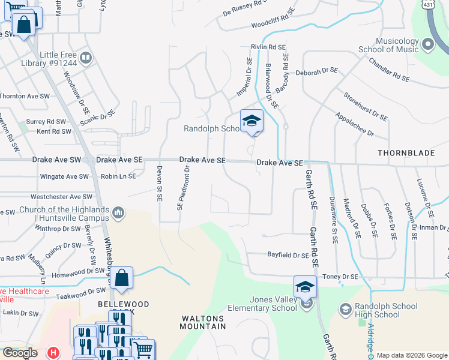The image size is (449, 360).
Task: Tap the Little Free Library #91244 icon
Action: tap(85, 58)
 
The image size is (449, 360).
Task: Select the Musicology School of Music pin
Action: tap(427, 44)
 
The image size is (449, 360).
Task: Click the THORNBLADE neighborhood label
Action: tap(406, 153)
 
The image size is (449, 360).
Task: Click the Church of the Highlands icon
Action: tap(118, 212)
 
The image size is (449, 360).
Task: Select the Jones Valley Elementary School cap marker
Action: tap(305, 286)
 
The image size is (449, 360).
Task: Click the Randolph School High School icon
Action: tap(345, 310)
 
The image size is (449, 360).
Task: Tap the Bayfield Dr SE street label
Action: tap(288, 255)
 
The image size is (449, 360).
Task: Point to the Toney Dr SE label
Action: tap(340, 276)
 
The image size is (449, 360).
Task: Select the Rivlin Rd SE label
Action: tap(268, 47)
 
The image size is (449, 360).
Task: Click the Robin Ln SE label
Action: tap(118, 176)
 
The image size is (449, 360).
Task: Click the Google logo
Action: tap(20, 353)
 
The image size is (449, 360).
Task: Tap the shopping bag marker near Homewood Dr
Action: tap(121, 279)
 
